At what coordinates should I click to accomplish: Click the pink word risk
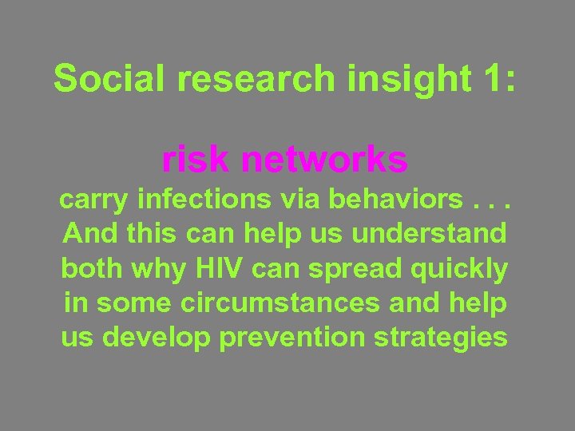coord(194,159)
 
